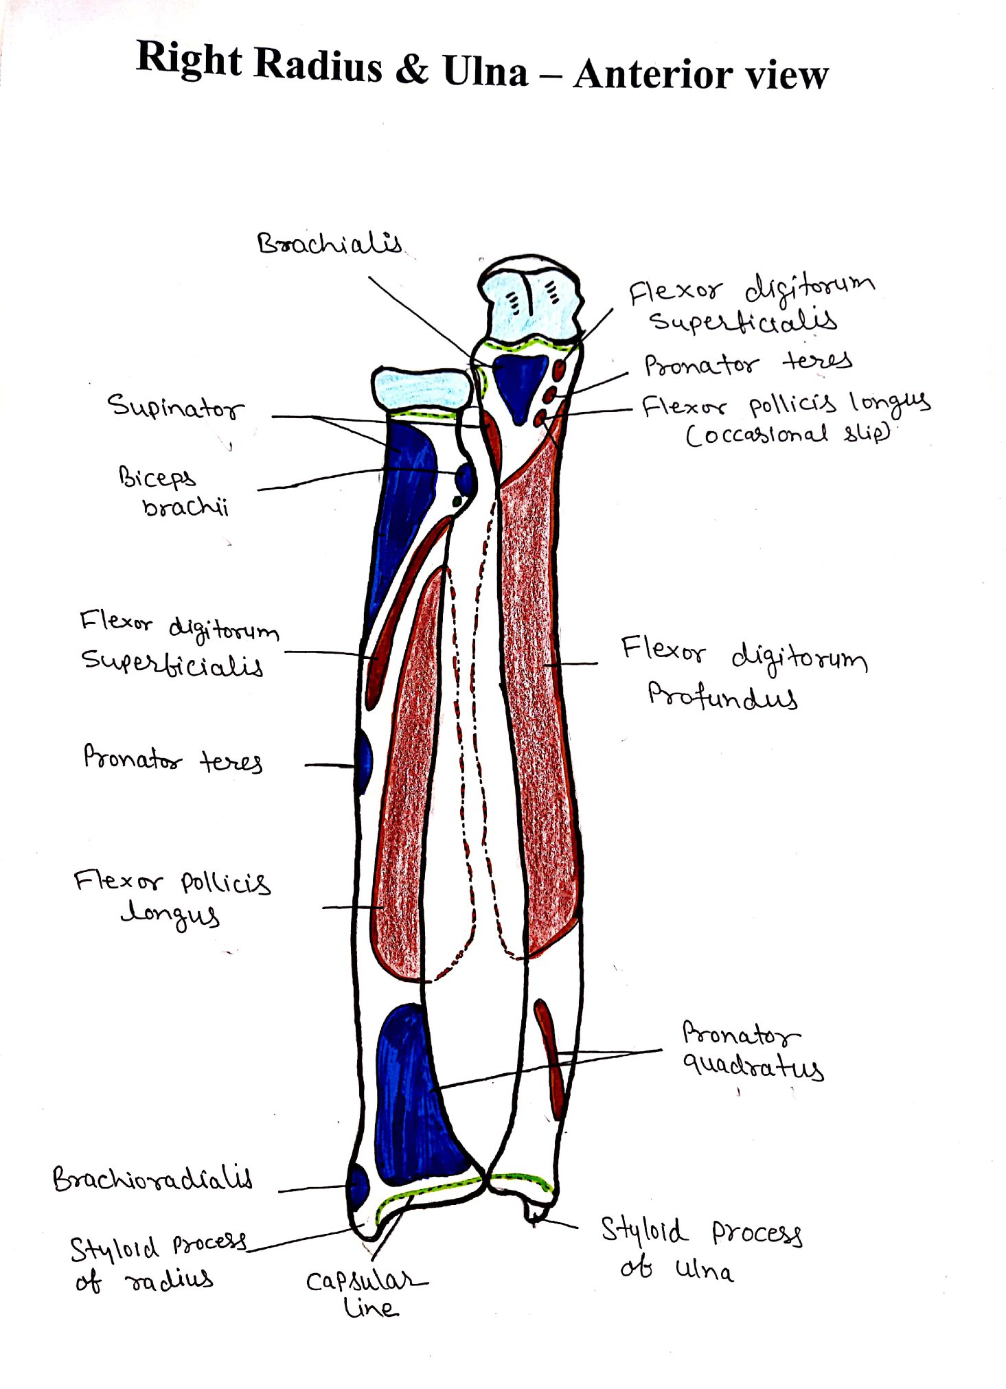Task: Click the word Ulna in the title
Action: tap(485, 71)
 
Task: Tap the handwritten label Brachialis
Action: tap(330, 243)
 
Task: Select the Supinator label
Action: tap(176, 406)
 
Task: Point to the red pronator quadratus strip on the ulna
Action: tap(550, 1058)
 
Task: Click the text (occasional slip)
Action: tap(788, 434)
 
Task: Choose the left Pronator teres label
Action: tap(172, 759)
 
